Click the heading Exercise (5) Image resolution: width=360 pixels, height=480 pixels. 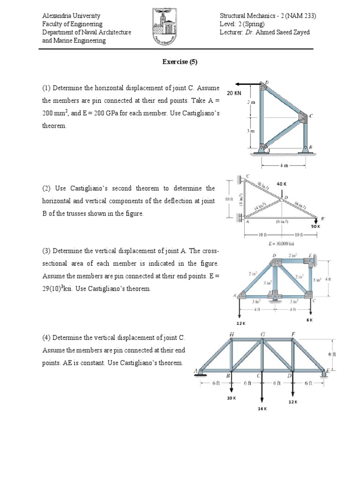point(180,62)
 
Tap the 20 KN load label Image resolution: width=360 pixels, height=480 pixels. point(234,93)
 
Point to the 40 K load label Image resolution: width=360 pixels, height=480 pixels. point(281,184)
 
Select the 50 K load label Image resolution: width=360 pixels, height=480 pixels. point(315,226)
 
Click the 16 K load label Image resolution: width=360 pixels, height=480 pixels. point(262,409)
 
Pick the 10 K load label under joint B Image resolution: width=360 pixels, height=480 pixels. point(231,398)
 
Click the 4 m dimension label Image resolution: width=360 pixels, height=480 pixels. point(284,165)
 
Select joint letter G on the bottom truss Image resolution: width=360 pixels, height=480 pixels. point(262,334)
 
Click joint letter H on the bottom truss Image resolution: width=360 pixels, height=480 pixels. point(231,334)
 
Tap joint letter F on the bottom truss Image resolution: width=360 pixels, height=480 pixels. point(293,334)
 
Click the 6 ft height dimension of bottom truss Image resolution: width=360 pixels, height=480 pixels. point(331,354)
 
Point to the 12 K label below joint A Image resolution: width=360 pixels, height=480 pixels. point(240,323)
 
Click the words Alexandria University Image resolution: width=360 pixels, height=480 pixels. point(71,16)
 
